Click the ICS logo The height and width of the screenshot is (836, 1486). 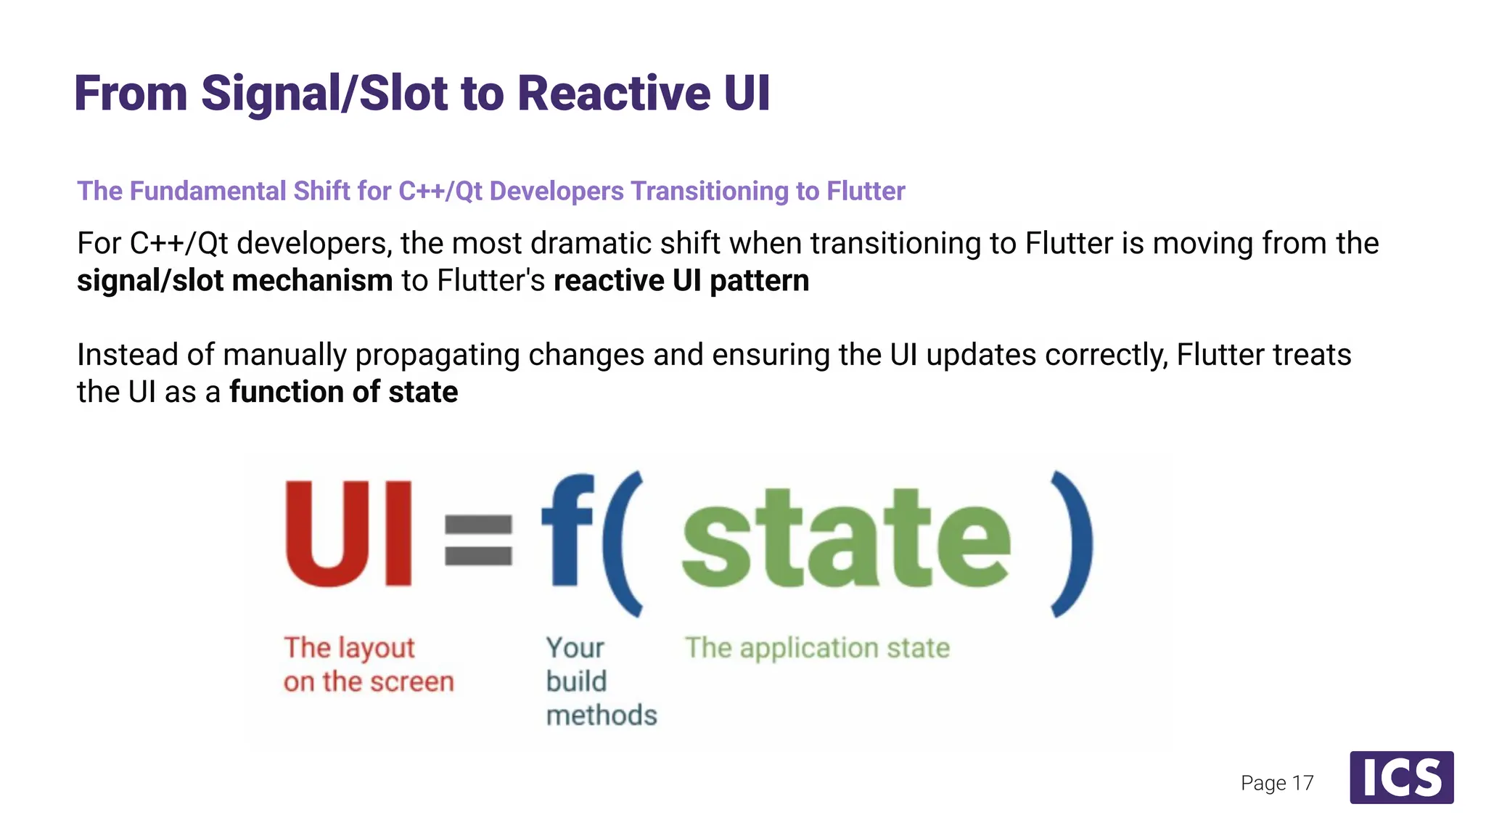click(x=1401, y=777)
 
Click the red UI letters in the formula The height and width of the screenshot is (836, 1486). click(x=348, y=535)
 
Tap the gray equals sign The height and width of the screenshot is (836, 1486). click(x=478, y=539)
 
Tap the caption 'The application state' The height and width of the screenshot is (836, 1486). click(x=817, y=647)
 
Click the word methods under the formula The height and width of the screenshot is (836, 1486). click(x=602, y=716)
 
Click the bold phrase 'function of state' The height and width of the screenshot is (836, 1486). click(x=343, y=392)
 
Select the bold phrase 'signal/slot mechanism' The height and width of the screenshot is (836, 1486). click(x=234, y=281)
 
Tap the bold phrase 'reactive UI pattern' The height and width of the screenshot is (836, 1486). click(x=681, y=281)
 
